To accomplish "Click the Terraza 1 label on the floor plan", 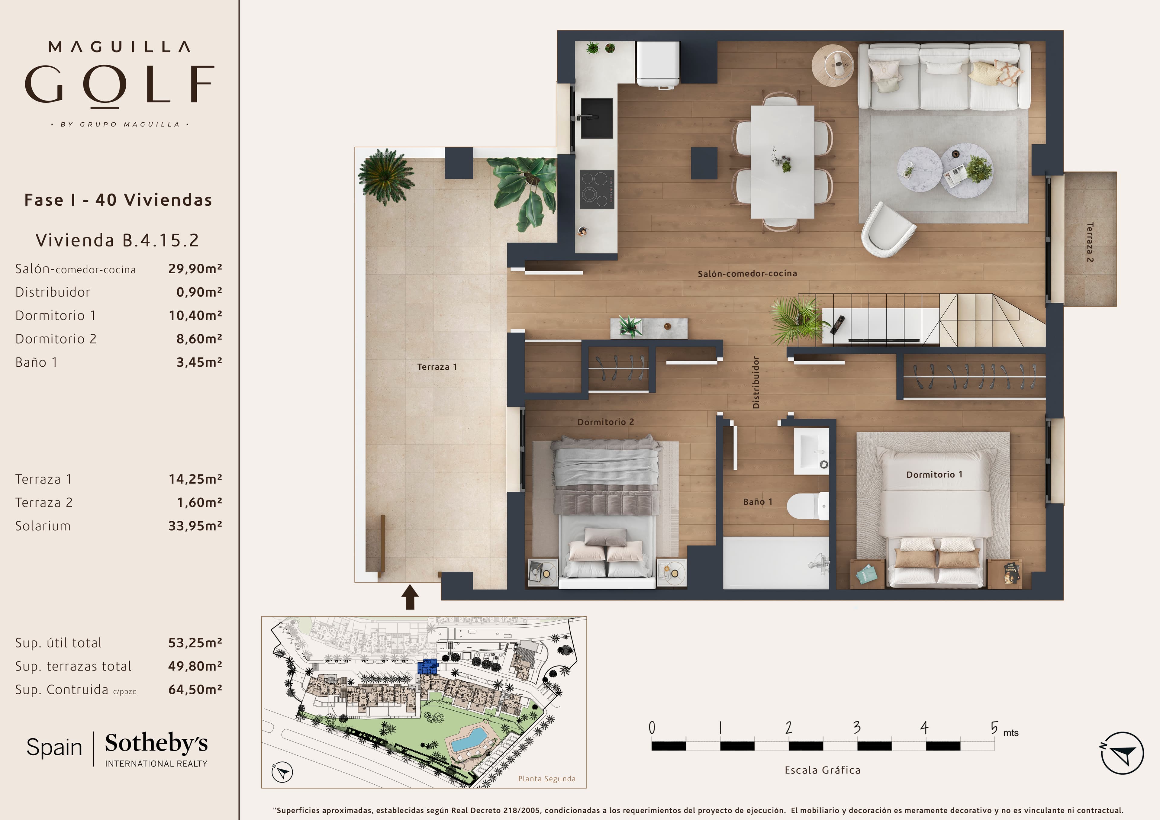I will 437,367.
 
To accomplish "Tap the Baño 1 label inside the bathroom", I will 757,502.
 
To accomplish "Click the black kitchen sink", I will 597,118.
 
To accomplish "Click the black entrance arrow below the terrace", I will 410,597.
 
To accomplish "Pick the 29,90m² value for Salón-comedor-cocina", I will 195,269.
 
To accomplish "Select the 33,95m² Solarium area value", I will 195,526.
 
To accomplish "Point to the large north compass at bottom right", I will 1122,753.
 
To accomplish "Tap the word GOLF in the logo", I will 120,84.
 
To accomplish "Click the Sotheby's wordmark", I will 156,743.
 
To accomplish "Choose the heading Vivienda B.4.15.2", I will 117,240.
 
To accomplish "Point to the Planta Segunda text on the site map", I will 547,779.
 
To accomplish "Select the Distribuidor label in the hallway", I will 756,382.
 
